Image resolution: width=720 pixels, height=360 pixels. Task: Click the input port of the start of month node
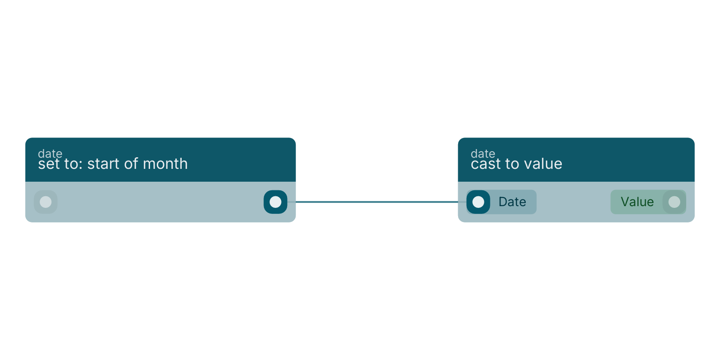click(x=45, y=202)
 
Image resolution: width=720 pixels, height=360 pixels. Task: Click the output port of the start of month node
click(x=276, y=202)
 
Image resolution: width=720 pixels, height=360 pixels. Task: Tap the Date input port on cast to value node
click(x=478, y=202)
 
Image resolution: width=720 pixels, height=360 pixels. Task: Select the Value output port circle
click(x=675, y=202)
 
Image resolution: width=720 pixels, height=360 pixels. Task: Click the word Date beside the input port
click(x=513, y=202)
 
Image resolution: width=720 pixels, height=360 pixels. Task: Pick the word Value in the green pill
click(x=637, y=202)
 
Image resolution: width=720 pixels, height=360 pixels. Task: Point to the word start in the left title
click(x=104, y=164)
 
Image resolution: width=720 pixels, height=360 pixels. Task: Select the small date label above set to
click(x=50, y=153)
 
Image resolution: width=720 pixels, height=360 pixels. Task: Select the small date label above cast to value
click(x=483, y=153)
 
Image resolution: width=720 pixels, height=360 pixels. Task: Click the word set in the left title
click(x=49, y=164)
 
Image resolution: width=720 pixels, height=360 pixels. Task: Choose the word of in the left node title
click(x=132, y=164)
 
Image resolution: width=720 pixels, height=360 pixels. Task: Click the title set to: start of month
click(x=113, y=164)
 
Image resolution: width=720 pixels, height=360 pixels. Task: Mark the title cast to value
click(x=516, y=164)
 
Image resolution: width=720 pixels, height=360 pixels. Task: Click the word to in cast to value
click(x=513, y=164)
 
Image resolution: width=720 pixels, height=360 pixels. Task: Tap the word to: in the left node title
click(x=74, y=164)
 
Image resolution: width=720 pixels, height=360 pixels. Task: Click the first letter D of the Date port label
click(x=503, y=202)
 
